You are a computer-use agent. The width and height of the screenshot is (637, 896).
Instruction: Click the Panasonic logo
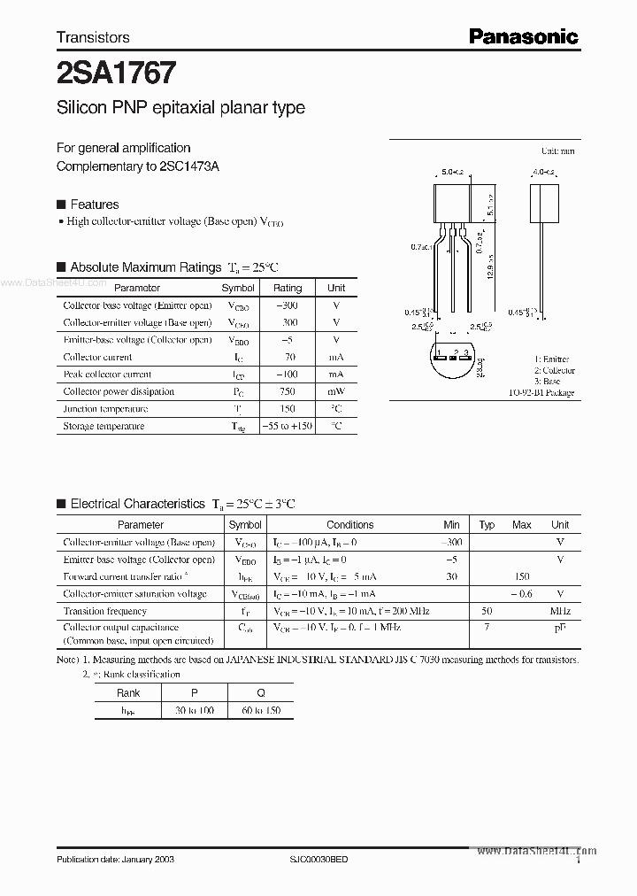(x=523, y=36)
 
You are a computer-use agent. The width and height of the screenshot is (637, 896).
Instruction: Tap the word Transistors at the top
(x=93, y=37)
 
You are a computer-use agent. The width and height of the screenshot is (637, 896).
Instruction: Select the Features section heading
(x=94, y=204)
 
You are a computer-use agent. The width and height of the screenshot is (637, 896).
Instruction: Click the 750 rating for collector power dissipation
(x=287, y=391)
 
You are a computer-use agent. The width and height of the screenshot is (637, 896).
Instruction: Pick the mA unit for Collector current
(x=336, y=357)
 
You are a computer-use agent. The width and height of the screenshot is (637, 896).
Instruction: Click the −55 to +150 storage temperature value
(x=288, y=426)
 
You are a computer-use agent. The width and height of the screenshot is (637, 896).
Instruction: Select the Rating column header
(x=287, y=288)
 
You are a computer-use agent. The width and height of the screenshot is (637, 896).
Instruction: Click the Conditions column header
(x=350, y=524)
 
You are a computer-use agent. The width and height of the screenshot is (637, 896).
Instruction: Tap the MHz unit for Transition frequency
(x=559, y=611)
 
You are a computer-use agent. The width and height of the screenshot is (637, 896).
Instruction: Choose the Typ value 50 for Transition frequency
(x=486, y=611)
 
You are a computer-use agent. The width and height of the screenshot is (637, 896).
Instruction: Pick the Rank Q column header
(x=260, y=693)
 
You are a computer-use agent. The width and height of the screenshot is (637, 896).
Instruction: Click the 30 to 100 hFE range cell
(x=195, y=710)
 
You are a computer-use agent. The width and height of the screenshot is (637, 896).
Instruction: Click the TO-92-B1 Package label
(x=541, y=392)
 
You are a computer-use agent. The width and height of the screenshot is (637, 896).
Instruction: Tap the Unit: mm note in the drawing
(x=557, y=151)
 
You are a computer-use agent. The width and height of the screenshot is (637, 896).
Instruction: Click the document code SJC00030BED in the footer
(x=319, y=861)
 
